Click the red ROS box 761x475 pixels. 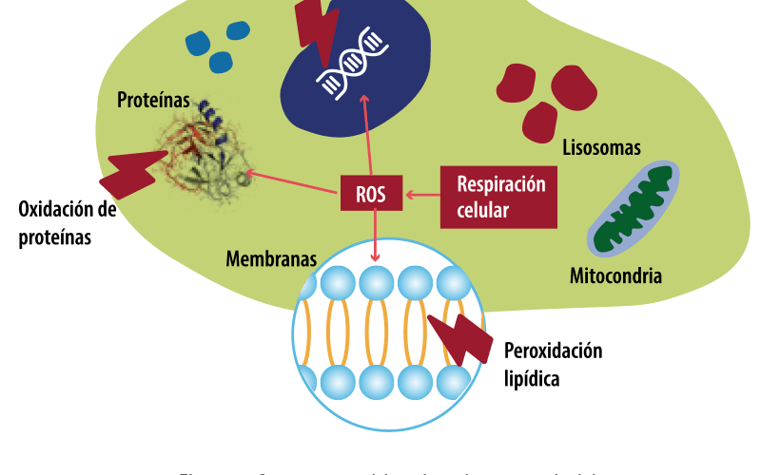click(x=371, y=194)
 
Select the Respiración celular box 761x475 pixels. click(x=500, y=197)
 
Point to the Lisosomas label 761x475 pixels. click(x=600, y=148)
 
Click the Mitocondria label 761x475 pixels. click(x=615, y=276)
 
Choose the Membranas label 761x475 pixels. click(x=270, y=258)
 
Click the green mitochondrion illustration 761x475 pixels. click(x=634, y=212)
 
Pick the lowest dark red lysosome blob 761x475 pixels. click(x=540, y=122)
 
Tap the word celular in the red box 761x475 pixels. click(x=483, y=209)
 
